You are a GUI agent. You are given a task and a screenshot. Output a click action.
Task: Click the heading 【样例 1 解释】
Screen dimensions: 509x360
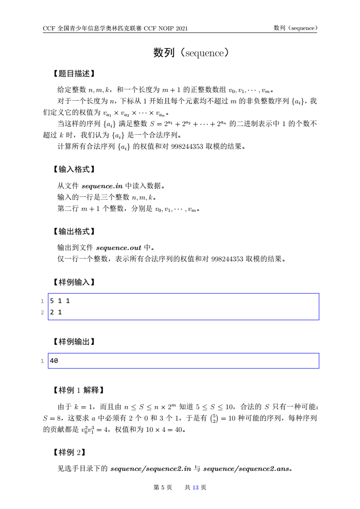pyautogui.click(x=79, y=390)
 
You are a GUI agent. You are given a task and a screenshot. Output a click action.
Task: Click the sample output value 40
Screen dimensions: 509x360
pyautogui.click(x=54, y=361)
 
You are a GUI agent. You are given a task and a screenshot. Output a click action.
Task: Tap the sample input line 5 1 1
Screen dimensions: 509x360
pyautogui.click(x=60, y=301)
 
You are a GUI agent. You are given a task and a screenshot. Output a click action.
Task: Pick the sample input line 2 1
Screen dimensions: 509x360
pyautogui.click(x=56, y=312)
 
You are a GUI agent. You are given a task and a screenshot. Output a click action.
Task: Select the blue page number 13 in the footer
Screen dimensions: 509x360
pyautogui.click(x=196, y=488)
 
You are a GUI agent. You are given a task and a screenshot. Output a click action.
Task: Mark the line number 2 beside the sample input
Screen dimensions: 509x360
pyautogui.click(x=41, y=313)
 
